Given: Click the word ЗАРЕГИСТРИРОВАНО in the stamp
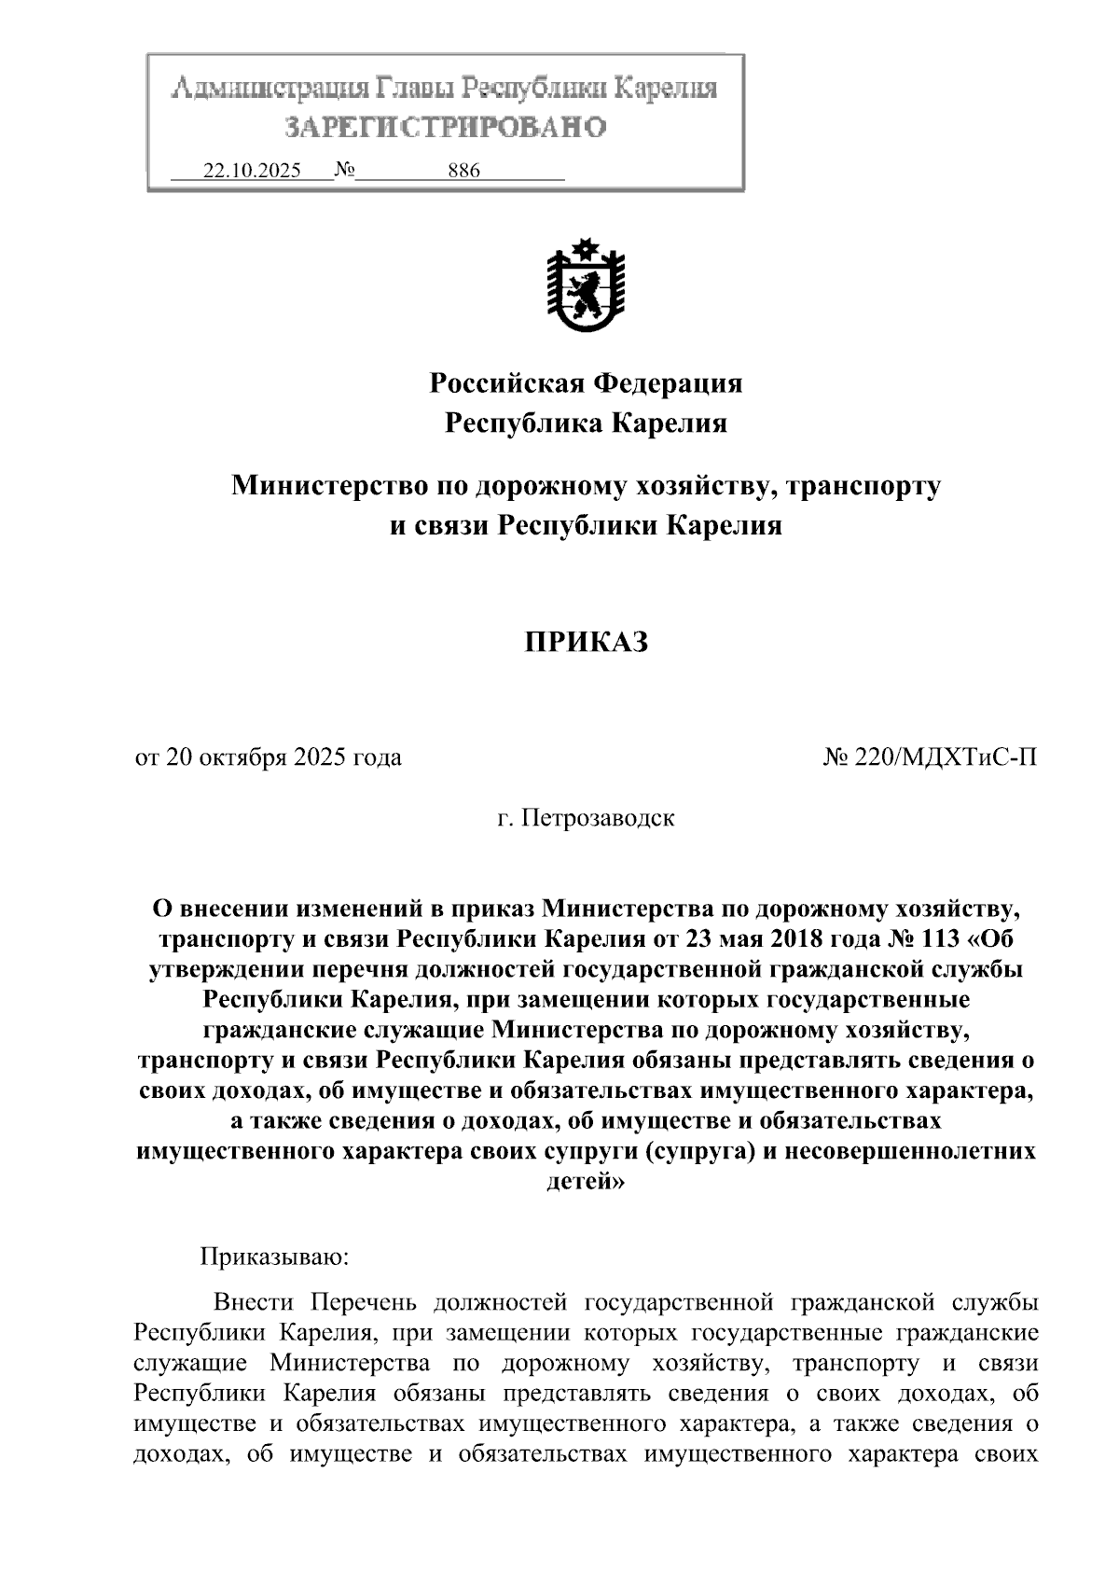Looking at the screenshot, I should click(445, 127).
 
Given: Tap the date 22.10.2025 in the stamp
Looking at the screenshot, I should click(252, 172).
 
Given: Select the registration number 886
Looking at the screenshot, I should click(463, 172).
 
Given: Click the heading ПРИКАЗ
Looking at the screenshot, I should click(586, 643).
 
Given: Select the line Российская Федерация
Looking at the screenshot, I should click(586, 383).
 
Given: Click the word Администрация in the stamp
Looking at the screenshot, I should click(270, 89).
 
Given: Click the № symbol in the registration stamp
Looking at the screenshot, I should click(344, 172).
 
